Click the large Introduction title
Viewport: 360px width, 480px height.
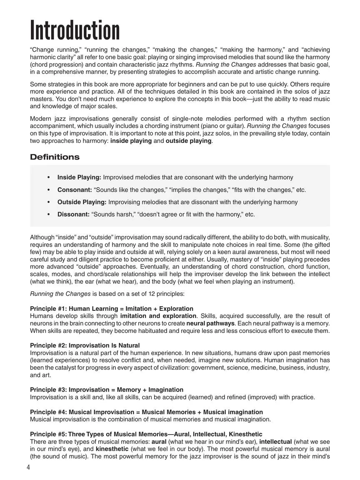(75, 31)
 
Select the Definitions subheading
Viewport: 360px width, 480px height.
(55, 157)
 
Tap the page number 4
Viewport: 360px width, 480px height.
(28, 467)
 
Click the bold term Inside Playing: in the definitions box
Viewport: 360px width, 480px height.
(79, 177)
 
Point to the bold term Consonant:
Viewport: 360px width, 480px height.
(75, 190)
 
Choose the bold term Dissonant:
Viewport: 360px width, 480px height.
(73, 215)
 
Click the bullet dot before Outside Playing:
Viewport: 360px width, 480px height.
(49, 202)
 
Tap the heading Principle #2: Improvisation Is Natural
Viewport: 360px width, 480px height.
(85, 345)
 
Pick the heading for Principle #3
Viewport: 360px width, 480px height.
(107, 390)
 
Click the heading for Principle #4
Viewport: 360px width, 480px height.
(146, 412)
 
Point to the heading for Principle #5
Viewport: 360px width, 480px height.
(146, 434)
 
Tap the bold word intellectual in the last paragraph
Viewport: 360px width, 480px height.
(274, 441)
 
